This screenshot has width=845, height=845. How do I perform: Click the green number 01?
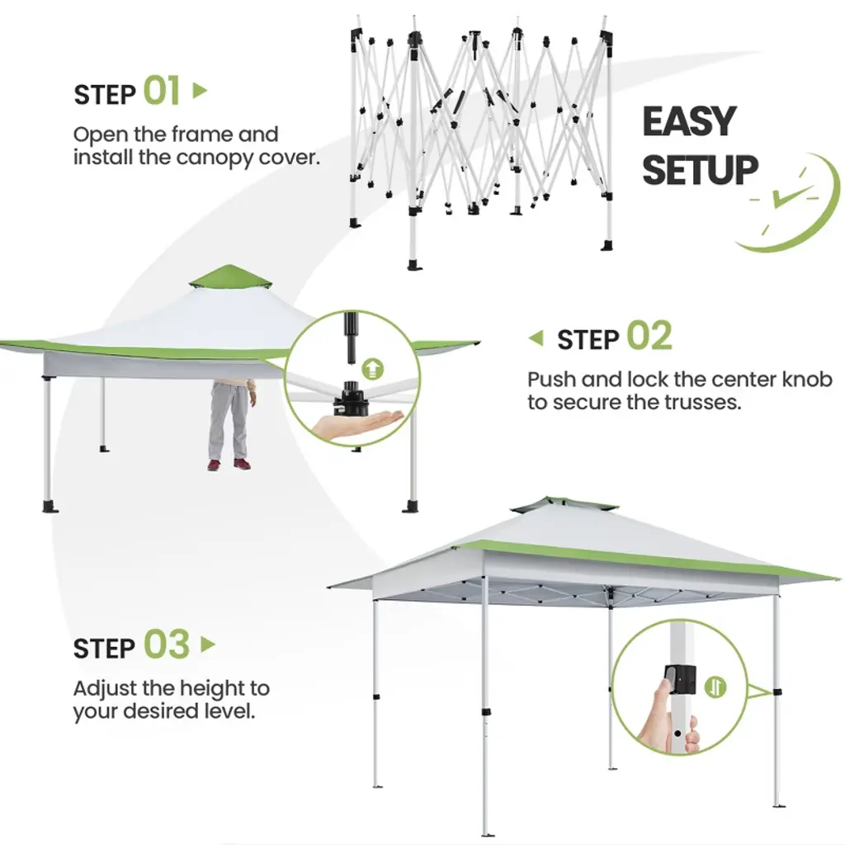161,91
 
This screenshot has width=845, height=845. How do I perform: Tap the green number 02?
649,336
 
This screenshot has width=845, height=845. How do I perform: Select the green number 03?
167,644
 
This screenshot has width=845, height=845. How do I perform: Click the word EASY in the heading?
689,121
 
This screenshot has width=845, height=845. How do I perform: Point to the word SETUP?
700,170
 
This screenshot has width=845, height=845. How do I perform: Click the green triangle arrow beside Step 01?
200,91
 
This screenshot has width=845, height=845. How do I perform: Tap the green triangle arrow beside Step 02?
536,338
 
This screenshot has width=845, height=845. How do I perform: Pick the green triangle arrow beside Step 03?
208,644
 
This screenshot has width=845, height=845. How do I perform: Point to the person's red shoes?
229,464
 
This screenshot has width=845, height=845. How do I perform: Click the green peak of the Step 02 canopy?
230,276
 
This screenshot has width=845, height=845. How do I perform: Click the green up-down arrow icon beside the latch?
715,687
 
